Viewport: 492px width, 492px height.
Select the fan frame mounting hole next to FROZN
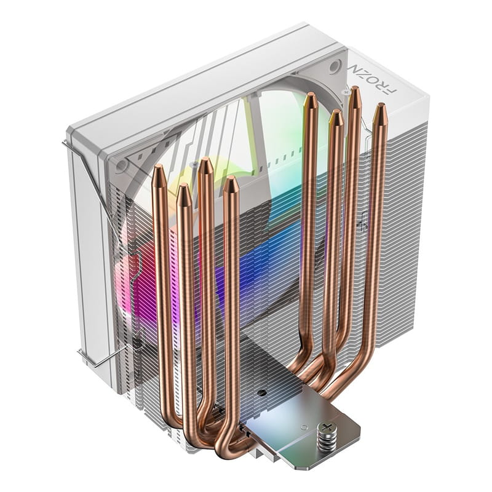click(335, 66)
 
